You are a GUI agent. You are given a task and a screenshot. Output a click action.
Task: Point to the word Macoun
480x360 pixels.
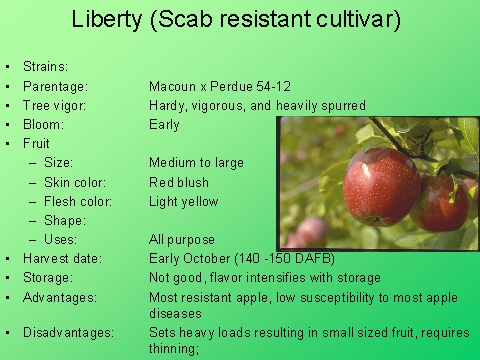click(173, 87)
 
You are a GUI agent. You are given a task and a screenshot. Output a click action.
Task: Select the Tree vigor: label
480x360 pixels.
click(58, 106)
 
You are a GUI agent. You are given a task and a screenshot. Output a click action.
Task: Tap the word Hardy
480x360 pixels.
click(167, 106)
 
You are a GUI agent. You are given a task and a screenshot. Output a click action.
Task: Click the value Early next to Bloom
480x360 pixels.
click(164, 125)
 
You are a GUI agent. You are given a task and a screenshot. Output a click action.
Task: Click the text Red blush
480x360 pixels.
click(181, 182)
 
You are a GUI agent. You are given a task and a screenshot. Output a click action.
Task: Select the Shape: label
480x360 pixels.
click(65, 220)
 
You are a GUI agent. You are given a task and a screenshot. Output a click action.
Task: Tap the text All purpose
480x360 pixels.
click(182, 240)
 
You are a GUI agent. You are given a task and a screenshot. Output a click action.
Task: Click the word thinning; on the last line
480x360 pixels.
click(174, 349)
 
